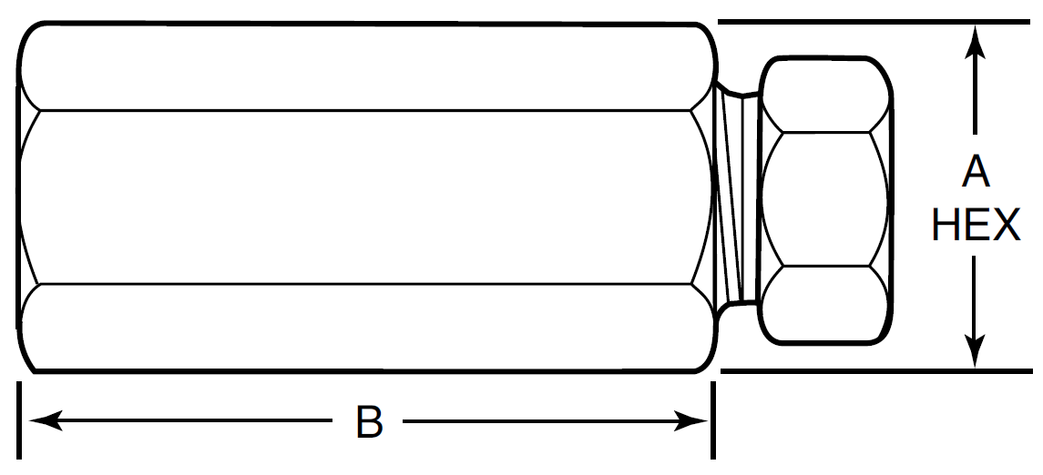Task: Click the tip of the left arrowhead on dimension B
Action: click(28, 420)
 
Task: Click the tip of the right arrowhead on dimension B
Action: click(708, 420)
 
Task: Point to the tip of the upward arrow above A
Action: click(976, 26)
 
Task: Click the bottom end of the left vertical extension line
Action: click(19, 459)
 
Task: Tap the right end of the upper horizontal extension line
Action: click(1029, 22)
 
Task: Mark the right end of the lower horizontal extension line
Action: click(1032, 370)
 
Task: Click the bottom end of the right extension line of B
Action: click(713, 459)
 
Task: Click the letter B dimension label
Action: click(369, 421)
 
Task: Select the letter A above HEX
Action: click(976, 173)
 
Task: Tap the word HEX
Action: click(976, 225)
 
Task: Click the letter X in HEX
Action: click(1006, 225)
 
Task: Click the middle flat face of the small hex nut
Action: click(824, 199)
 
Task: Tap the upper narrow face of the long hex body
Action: click(366, 67)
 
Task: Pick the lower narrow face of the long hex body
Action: click(366, 327)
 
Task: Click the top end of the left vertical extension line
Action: click(19, 383)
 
